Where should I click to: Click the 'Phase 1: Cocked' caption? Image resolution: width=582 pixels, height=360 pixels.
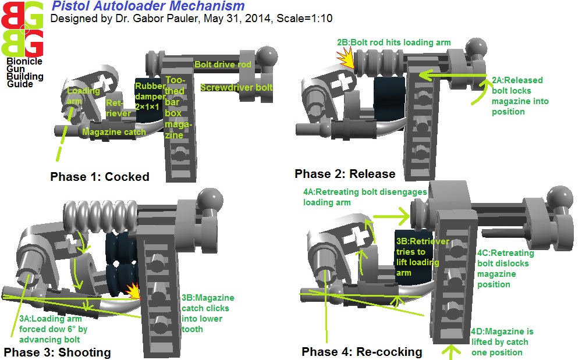pyautogui.click(x=100, y=177)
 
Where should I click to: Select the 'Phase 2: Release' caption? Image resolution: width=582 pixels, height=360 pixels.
pyautogui.click(x=345, y=174)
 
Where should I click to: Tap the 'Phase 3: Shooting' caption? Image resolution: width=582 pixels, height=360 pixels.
pyautogui.click(x=57, y=352)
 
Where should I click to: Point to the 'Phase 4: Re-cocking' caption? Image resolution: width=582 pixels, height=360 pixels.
pyautogui.click(x=362, y=352)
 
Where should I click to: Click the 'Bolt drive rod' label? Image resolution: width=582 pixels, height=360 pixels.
pyautogui.click(x=223, y=65)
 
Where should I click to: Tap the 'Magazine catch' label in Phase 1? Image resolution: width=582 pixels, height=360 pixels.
pyautogui.click(x=111, y=132)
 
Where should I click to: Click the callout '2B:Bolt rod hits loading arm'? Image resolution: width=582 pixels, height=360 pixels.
pyautogui.click(x=393, y=42)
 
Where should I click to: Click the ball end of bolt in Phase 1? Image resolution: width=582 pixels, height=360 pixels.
pyautogui.click(x=266, y=56)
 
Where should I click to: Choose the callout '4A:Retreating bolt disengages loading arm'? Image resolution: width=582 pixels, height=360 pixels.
pyautogui.click(x=364, y=197)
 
